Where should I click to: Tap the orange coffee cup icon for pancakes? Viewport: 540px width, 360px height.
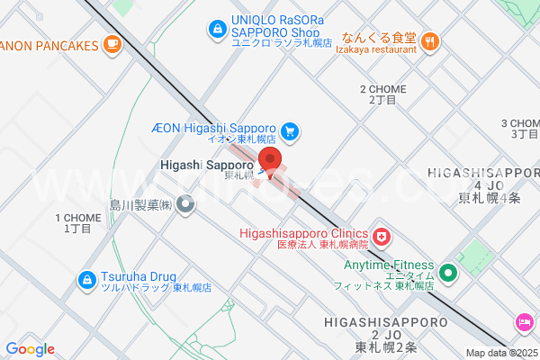[112, 43]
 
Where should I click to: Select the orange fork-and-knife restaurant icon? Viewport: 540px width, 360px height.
[430, 40]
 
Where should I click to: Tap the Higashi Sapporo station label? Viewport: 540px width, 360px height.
[206, 166]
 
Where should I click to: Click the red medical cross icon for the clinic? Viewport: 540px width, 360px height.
[382, 238]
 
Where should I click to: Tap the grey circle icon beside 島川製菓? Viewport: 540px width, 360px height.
[186, 205]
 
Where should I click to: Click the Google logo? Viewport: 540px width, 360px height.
[30, 349]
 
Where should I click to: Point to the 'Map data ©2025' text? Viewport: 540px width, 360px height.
[501, 353]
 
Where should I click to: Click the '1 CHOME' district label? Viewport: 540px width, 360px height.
[78, 222]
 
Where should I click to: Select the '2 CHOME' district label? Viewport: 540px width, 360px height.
[382, 94]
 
